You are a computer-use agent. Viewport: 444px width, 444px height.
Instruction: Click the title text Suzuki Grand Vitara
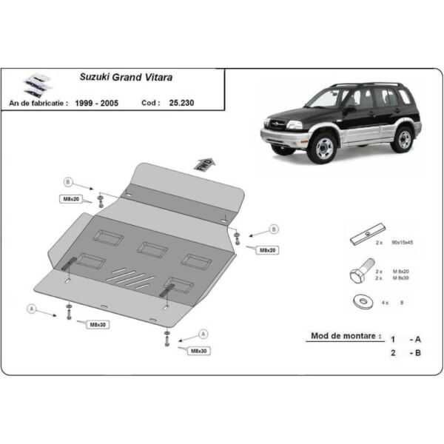[x=112, y=76]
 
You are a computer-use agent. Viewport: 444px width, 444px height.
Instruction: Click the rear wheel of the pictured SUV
[x=403, y=138]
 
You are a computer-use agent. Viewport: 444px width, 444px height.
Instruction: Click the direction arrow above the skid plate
[x=203, y=163]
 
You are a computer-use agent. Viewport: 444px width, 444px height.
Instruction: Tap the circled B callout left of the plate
[x=68, y=182]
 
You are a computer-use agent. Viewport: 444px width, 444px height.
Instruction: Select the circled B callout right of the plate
[x=272, y=229]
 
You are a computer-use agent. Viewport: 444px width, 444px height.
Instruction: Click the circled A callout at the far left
[x=31, y=308]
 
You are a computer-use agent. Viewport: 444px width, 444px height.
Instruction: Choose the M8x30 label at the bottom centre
[x=198, y=351]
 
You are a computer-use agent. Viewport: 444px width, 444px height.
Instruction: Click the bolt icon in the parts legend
[x=357, y=275]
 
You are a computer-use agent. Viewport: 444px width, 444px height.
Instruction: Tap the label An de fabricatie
[x=38, y=104]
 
